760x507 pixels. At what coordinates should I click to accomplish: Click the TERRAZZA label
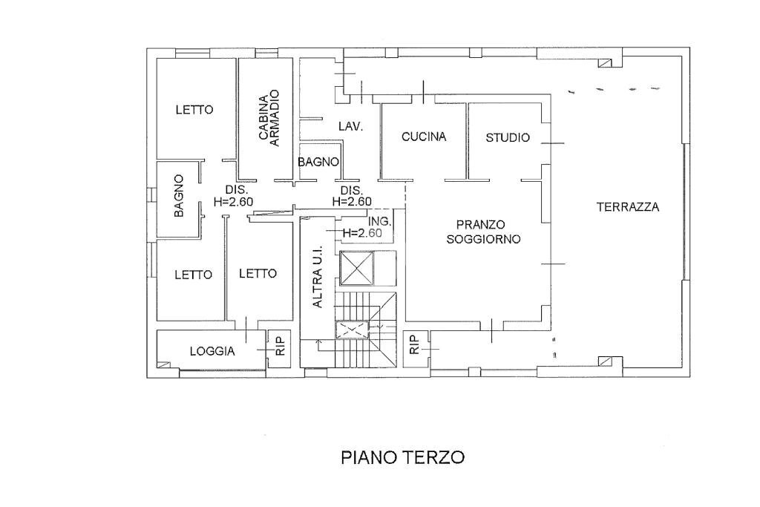(627, 207)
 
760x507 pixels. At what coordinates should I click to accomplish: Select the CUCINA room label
(423, 137)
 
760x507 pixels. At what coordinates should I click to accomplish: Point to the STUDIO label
(508, 137)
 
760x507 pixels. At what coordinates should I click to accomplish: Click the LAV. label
(350, 127)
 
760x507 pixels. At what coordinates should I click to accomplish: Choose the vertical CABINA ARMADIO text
(269, 117)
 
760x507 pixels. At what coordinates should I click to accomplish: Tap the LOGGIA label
(212, 352)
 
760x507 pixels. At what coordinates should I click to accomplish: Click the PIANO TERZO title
(402, 457)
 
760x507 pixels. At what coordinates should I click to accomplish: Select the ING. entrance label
(379, 221)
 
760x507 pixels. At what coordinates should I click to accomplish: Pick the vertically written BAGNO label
(179, 196)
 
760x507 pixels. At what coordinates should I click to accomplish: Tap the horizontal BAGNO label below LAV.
(318, 162)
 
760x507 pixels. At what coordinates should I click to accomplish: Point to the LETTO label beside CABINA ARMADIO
(194, 110)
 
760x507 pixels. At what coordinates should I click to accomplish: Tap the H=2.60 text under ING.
(362, 233)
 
